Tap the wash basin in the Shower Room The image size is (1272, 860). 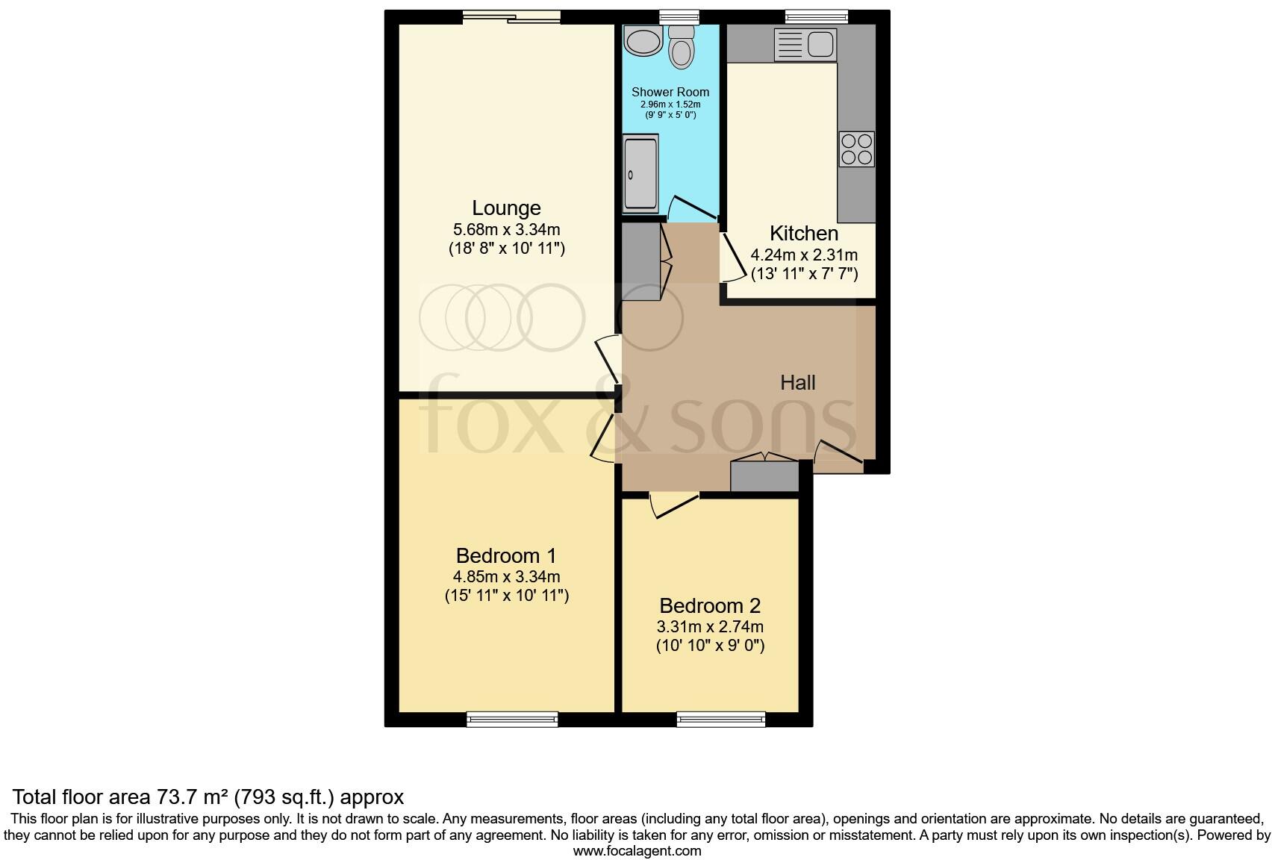(x=643, y=41)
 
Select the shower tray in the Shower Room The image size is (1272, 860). (x=640, y=173)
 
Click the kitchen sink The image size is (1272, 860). (x=805, y=44)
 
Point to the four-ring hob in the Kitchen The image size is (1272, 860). (x=856, y=149)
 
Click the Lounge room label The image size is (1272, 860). (x=506, y=208)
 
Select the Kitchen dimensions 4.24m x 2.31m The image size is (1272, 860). (x=804, y=255)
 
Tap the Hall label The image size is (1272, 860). (x=797, y=383)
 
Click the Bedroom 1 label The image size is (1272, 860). (x=506, y=556)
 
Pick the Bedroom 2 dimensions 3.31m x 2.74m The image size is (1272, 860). (x=710, y=627)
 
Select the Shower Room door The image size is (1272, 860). (x=693, y=208)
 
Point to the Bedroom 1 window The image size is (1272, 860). (x=512, y=720)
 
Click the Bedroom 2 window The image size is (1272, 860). (x=720, y=720)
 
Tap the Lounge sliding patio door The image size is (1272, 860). (x=511, y=16)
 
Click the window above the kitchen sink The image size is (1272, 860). (x=816, y=16)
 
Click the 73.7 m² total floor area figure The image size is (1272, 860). (x=193, y=797)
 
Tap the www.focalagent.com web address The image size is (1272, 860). (x=637, y=851)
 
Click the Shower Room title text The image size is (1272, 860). (x=670, y=92)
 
